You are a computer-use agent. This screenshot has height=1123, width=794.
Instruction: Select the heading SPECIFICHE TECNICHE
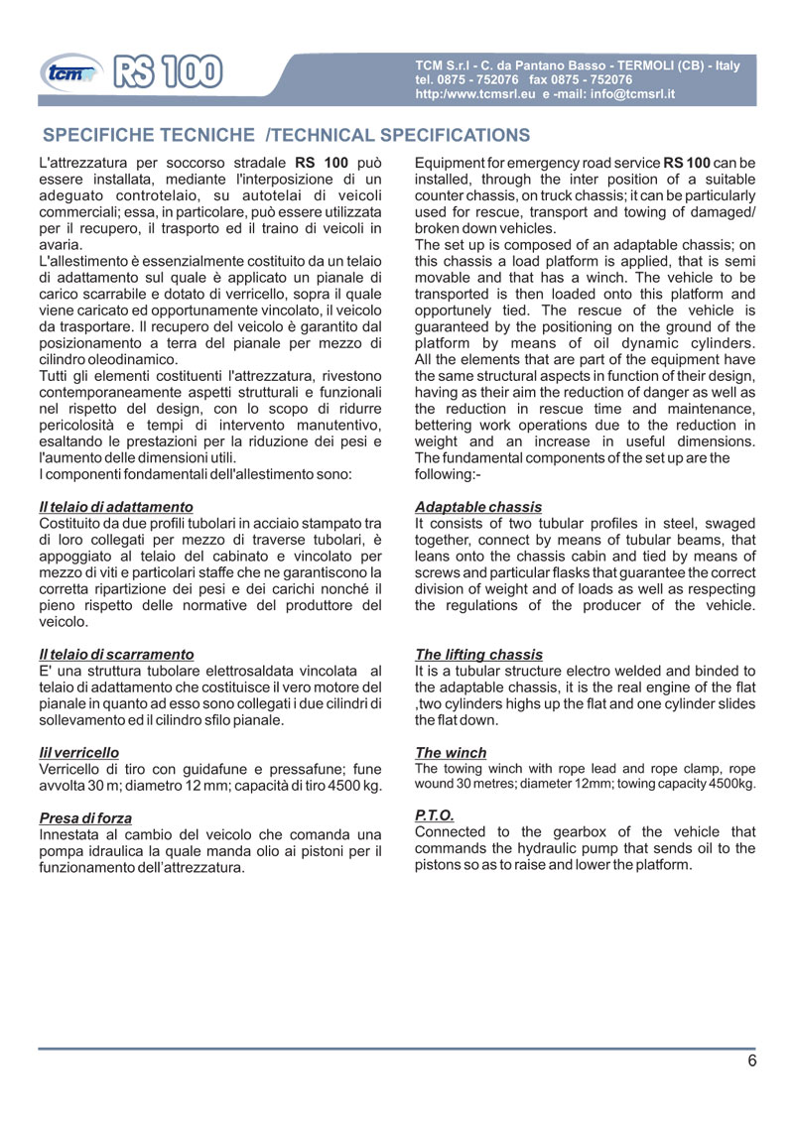pos(148,135)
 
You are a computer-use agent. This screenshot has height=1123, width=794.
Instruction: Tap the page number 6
pos(752,1061)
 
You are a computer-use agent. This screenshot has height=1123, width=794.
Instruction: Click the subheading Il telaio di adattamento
pos(115,507)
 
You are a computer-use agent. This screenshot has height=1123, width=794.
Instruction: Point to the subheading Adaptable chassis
pos(478,507)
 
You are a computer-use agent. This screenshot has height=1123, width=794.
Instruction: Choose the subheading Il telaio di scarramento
pos(115,654)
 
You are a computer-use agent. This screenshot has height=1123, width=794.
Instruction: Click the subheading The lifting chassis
pos(478,655)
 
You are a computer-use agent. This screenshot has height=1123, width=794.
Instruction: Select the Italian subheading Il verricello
pos(78,753)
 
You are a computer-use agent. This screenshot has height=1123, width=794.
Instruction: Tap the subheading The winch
pos(451,753)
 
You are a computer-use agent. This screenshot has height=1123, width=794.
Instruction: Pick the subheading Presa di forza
pos(85,818)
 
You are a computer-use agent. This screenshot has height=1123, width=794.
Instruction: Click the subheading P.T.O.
pos(435,816)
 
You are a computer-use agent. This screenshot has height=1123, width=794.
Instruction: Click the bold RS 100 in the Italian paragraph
pos(321,163)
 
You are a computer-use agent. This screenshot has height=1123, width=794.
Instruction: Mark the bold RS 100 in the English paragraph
pos(687,163)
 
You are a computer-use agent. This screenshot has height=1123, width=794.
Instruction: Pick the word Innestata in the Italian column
pos(72,835)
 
